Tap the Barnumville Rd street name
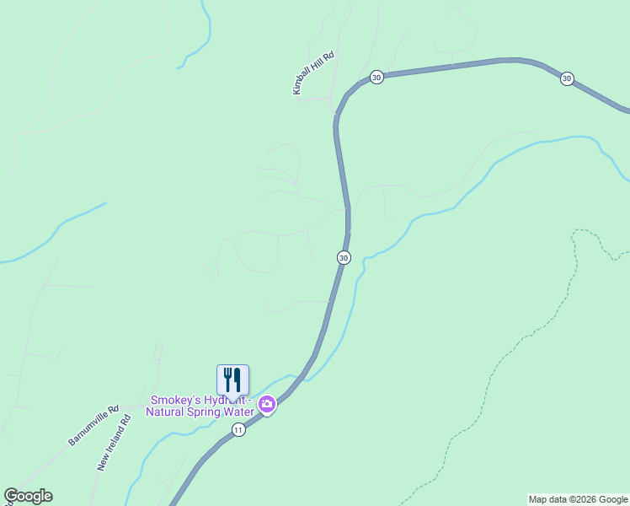[94, 424]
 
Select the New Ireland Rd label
[115, 442]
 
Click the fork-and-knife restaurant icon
[232, 380]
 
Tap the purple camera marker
[267, 406]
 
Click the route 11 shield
[238, 430]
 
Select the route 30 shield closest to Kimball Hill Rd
[376, 77]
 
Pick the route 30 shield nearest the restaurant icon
[344, 257]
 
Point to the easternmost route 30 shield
[567, 78]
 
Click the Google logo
[28, 496]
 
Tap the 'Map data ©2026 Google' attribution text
[578, 499]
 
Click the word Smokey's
[174, 400]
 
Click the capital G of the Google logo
[11, 496]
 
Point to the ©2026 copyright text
[582, 499]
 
